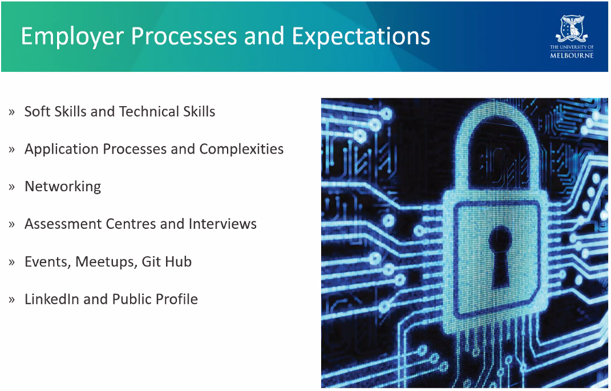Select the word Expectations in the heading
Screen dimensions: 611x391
361,37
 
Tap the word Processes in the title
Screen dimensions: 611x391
184,36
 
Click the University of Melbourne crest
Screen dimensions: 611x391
572,29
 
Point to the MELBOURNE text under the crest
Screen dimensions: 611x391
572,55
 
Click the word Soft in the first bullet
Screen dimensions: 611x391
37,111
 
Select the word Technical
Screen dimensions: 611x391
149,111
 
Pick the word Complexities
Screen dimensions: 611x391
241,150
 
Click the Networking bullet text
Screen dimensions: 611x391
63,187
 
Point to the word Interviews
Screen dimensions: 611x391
222,224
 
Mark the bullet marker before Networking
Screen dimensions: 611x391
11,187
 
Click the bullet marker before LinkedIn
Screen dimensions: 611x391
11,300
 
